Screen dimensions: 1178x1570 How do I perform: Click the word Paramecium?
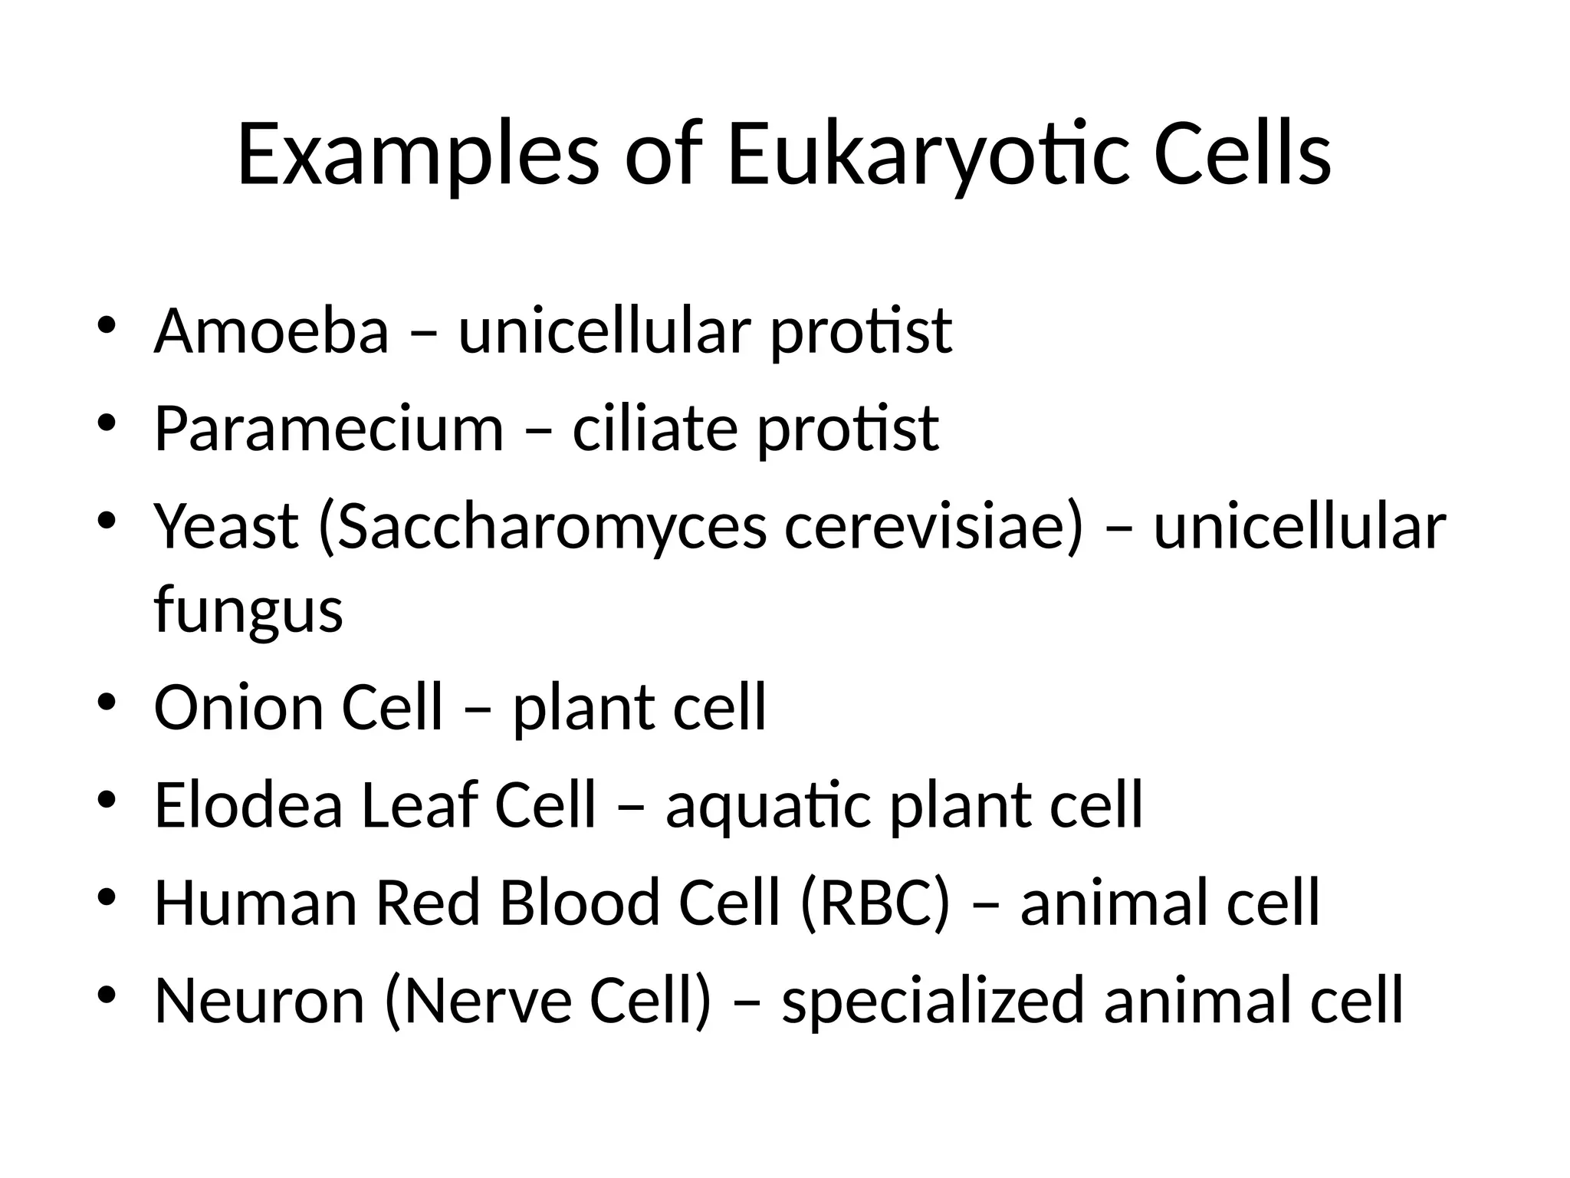click(x=329, y=429)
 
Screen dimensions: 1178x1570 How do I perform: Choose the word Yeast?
click(x=226, y=527)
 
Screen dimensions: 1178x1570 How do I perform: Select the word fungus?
click(x=248, y=611)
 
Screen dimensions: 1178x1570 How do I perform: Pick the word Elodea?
click(x=248, y=805)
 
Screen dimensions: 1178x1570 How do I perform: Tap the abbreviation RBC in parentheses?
click(x=875, y=903)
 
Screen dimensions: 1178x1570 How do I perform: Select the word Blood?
click(x=579, y=903)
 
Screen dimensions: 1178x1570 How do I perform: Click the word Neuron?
click(x=259, y=1001)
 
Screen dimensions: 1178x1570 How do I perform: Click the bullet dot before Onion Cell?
click(x=107, y=703)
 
